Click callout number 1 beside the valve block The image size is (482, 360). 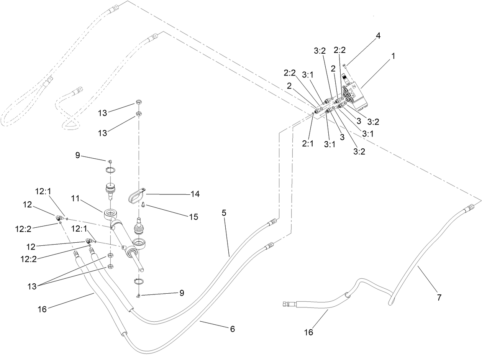[392, 56]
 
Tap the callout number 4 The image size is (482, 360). [378, 36]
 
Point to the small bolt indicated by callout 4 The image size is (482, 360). [345, 66]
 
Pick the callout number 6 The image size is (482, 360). [232, 329]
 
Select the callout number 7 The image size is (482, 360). [439, 297]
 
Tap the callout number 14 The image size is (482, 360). [195, 194]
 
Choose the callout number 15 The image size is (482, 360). [193, 217]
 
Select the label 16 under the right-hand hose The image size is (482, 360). [308, 332]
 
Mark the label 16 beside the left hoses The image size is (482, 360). [42, 309]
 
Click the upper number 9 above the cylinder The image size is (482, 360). [78, 155]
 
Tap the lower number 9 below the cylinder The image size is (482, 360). [182, 293]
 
